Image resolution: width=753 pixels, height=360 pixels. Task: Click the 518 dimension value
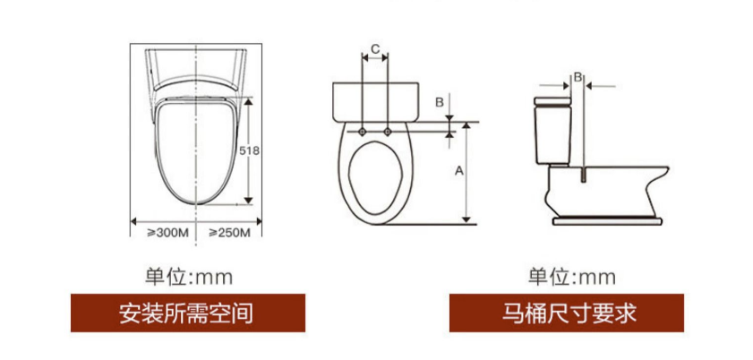(x=249, y=150)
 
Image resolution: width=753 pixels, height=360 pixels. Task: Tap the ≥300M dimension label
(x=167, y=233)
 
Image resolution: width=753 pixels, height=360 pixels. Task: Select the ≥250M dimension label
(x=229, y=233)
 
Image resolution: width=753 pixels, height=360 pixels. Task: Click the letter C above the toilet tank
(x=375, y=48)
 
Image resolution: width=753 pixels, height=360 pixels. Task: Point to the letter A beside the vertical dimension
(x=459, y=170)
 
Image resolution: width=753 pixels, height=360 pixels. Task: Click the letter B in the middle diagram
(x=439, y=102)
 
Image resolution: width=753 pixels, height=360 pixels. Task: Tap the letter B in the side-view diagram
(x=578, y=77)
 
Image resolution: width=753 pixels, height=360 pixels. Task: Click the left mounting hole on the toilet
(x=363, y=132)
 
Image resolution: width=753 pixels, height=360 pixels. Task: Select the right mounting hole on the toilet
(x=388, y=132)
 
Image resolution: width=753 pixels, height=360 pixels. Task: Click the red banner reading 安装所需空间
(x=188, y=313)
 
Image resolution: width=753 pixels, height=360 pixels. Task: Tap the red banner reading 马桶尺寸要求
(x=567, y=313)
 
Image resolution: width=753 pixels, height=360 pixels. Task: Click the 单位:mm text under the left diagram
(x=189, y=277)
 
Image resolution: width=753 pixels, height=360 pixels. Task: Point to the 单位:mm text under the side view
(x=571, y=277)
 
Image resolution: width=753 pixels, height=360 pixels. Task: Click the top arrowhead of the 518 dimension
(x=248, y=101)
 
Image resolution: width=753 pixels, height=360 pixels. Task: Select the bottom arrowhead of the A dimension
(x=466, y=219)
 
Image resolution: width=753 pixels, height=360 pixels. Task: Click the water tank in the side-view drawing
(x=552, y=131)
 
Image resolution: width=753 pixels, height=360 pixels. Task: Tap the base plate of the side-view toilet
(x=607, y=221)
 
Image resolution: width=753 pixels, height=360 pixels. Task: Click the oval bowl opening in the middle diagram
(x=376, y=177)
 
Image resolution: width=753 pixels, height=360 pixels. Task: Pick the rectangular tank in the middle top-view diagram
(x=375, y=102)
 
